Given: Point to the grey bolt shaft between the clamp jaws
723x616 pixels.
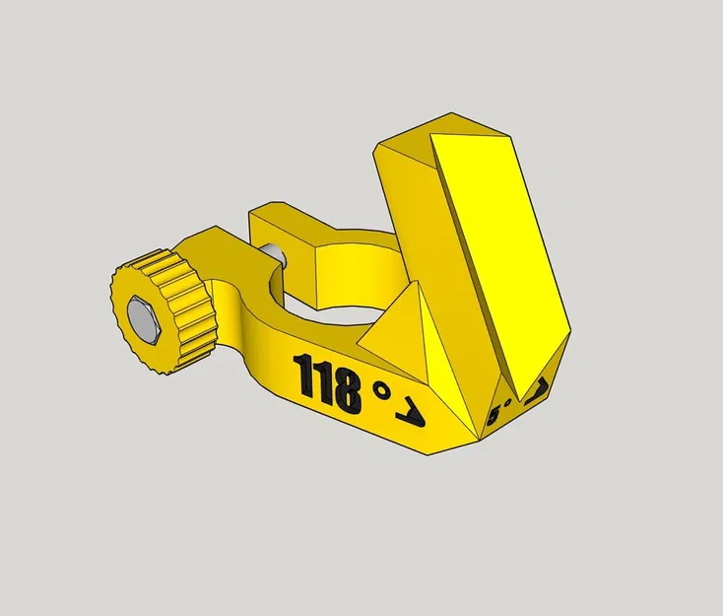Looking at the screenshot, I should [x=280, y=257].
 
